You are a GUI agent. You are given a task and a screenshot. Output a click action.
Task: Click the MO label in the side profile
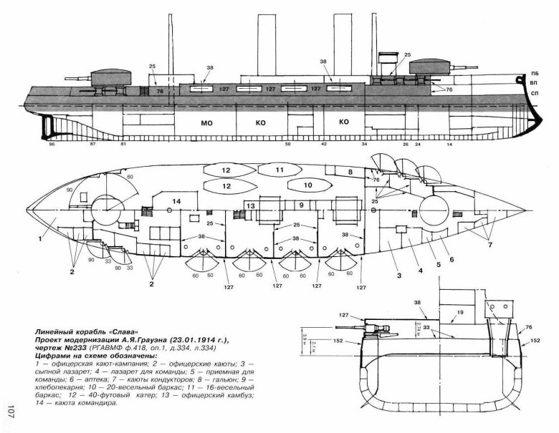(x=208, y=123)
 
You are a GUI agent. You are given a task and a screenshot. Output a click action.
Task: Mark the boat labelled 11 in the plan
(x=280, y=170)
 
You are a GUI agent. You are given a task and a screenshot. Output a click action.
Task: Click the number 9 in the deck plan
(x=302, y=205)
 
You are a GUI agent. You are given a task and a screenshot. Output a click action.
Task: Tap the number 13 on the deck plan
(x=249, y=205)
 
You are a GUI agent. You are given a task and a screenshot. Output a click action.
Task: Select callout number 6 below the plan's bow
(x=451, y=260)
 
